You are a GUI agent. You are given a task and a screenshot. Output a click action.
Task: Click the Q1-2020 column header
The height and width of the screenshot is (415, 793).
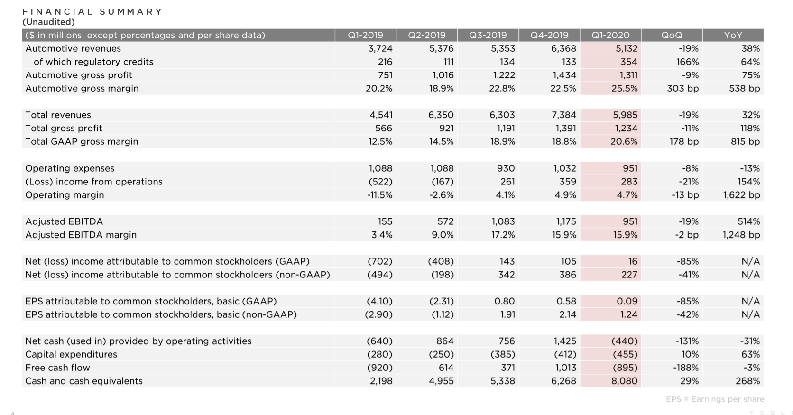pos(610,36)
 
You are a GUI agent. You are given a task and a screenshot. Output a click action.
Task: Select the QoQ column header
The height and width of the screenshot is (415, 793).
pos(672,36)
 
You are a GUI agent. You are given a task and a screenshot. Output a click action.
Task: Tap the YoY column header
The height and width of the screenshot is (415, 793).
pos(733,36)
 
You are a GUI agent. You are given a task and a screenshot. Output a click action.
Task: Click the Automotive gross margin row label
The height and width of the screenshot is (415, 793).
pos(82,88)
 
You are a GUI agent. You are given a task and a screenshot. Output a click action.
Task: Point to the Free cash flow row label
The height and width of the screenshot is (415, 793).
pos(57,368)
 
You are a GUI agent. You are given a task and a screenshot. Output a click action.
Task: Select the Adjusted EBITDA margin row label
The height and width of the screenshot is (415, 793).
pos(81,235)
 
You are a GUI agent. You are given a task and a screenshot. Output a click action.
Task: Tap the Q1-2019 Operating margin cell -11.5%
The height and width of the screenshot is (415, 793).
pos(379,195)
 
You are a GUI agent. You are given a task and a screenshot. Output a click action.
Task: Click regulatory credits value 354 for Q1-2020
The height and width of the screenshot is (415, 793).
pos(629,62)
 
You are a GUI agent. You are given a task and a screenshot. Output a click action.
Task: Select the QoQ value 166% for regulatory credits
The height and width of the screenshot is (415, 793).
pos(687,62)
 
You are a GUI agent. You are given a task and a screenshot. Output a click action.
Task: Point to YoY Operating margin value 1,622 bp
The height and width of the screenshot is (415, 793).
pos(741,195)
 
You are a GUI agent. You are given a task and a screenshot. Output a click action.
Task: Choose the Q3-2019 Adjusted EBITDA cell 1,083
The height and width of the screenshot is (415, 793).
pos(503,221)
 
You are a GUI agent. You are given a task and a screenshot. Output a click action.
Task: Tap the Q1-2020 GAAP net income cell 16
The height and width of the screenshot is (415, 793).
pos(633,261)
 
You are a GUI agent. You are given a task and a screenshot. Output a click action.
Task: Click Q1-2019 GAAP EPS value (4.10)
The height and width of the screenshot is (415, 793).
pos(379,301)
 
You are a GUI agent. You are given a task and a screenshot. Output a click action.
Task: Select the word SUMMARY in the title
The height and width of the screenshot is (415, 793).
pos(130,12)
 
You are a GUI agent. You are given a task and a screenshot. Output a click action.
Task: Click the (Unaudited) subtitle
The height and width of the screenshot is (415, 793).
pos(48,22)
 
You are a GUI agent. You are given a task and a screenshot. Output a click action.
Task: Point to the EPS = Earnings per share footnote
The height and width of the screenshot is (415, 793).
pos(715,399)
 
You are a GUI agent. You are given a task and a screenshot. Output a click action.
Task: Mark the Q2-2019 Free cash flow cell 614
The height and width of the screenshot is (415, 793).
pos(446,368)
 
